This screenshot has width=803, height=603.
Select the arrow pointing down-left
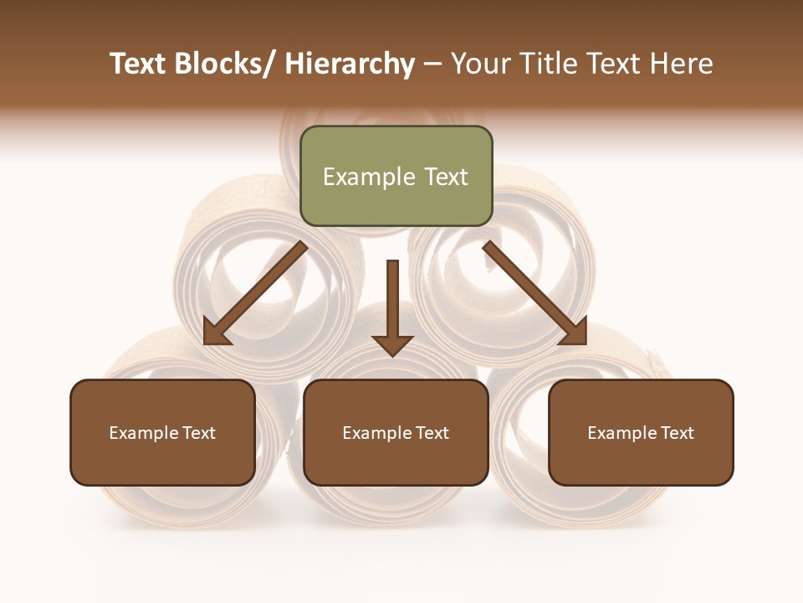(255, 293)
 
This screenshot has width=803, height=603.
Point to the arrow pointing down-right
(535, 293)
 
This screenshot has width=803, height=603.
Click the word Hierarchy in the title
(350, 64)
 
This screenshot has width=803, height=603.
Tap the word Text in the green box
(445, 178)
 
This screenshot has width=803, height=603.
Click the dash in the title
(432, 64)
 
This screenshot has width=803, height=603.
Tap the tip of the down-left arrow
(206, 343)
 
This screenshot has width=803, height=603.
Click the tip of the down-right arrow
(585, 343)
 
